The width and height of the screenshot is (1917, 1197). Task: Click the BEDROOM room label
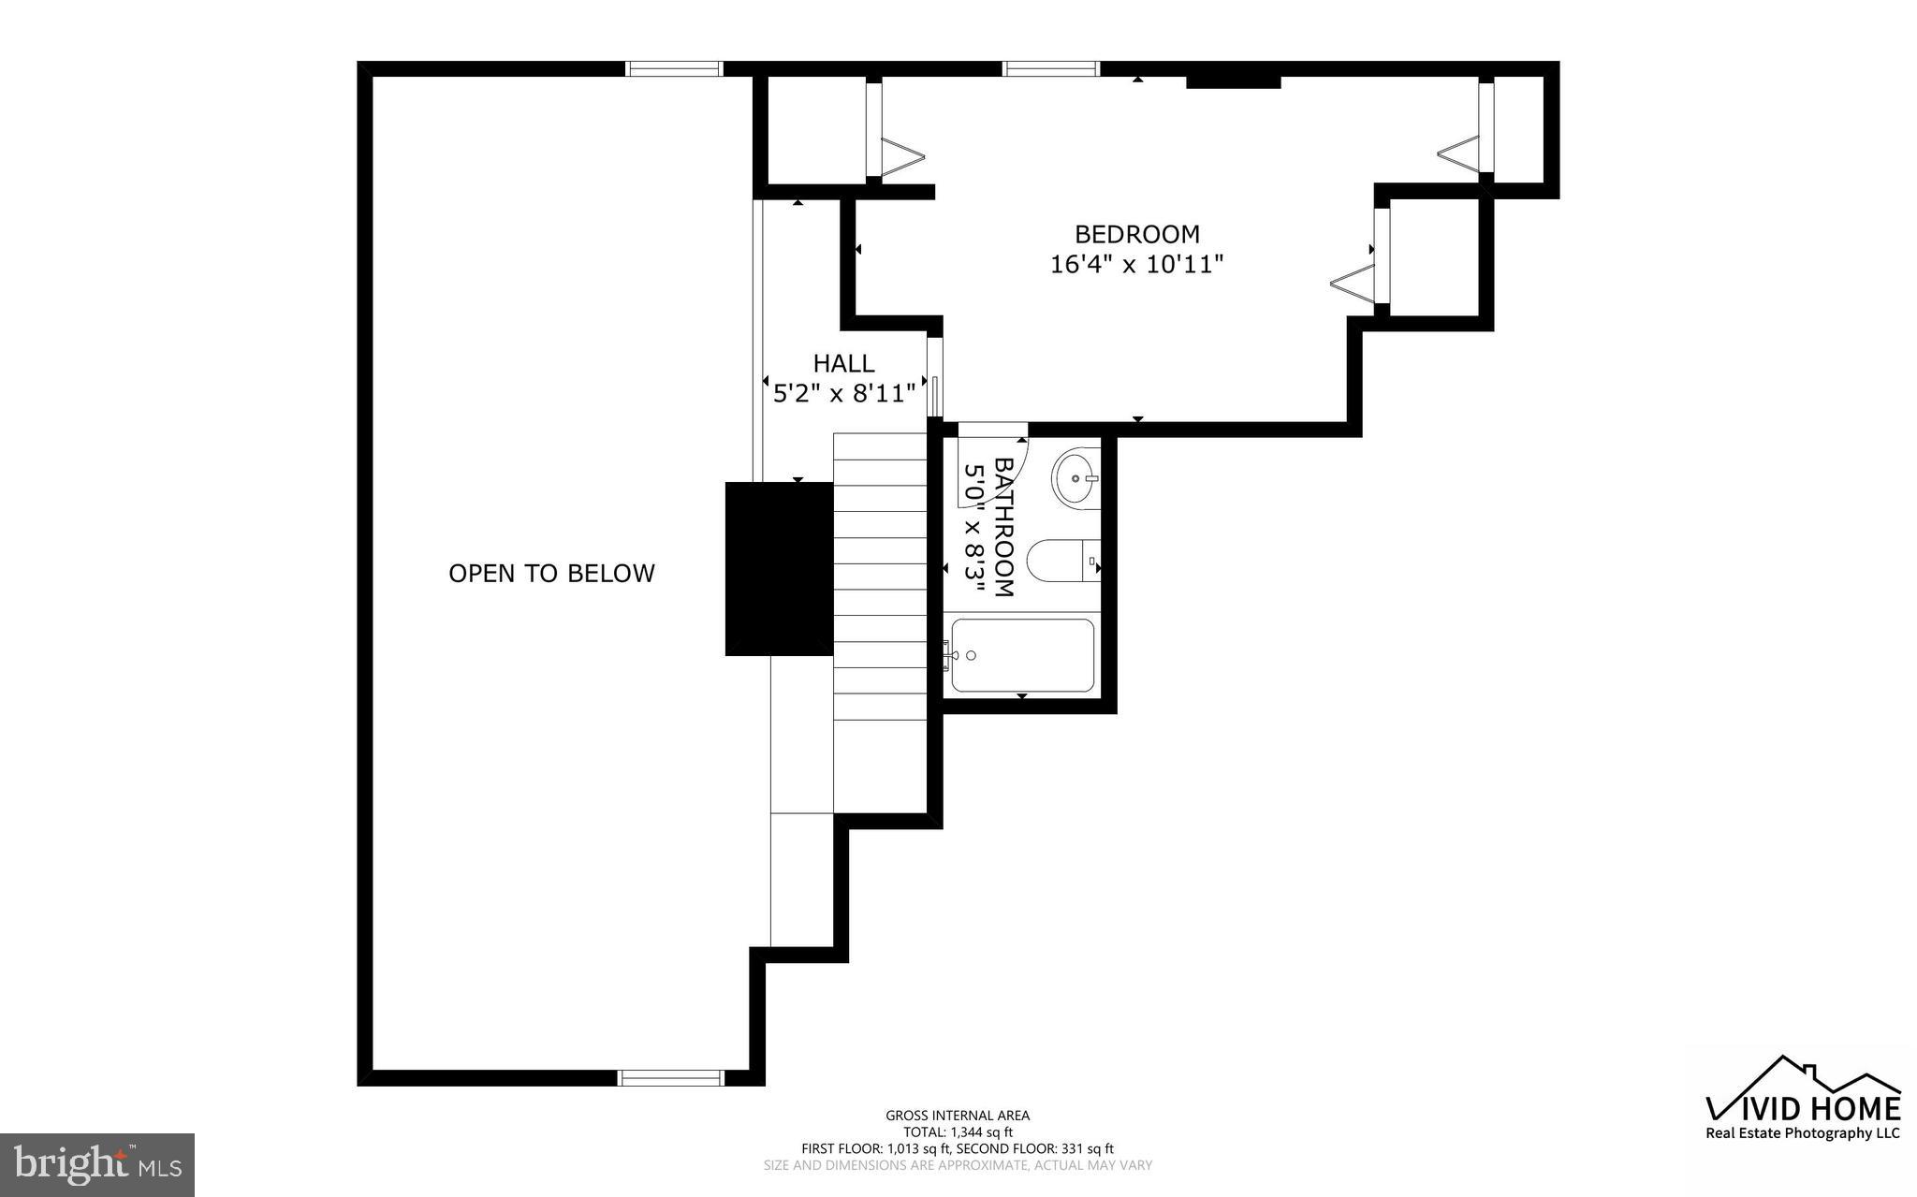1136,234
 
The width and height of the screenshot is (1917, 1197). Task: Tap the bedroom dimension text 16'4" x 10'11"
1136,265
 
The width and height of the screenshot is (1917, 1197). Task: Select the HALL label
843,363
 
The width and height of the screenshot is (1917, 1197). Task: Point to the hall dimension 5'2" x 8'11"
843,393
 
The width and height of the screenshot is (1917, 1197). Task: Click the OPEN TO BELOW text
551,573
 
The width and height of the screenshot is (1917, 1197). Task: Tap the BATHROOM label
1003,526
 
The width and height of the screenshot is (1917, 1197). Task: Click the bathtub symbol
1022,655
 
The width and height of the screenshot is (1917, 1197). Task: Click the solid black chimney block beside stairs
779,568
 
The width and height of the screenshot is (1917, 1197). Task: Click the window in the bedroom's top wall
1050,68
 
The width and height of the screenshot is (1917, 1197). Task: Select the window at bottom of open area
671,1078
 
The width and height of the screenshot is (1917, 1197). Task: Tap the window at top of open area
674,68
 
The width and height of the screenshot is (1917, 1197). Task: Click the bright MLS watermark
97,1165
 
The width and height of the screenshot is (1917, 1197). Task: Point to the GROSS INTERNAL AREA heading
958,1115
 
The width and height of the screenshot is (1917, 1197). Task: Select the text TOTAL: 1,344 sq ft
958,1131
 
